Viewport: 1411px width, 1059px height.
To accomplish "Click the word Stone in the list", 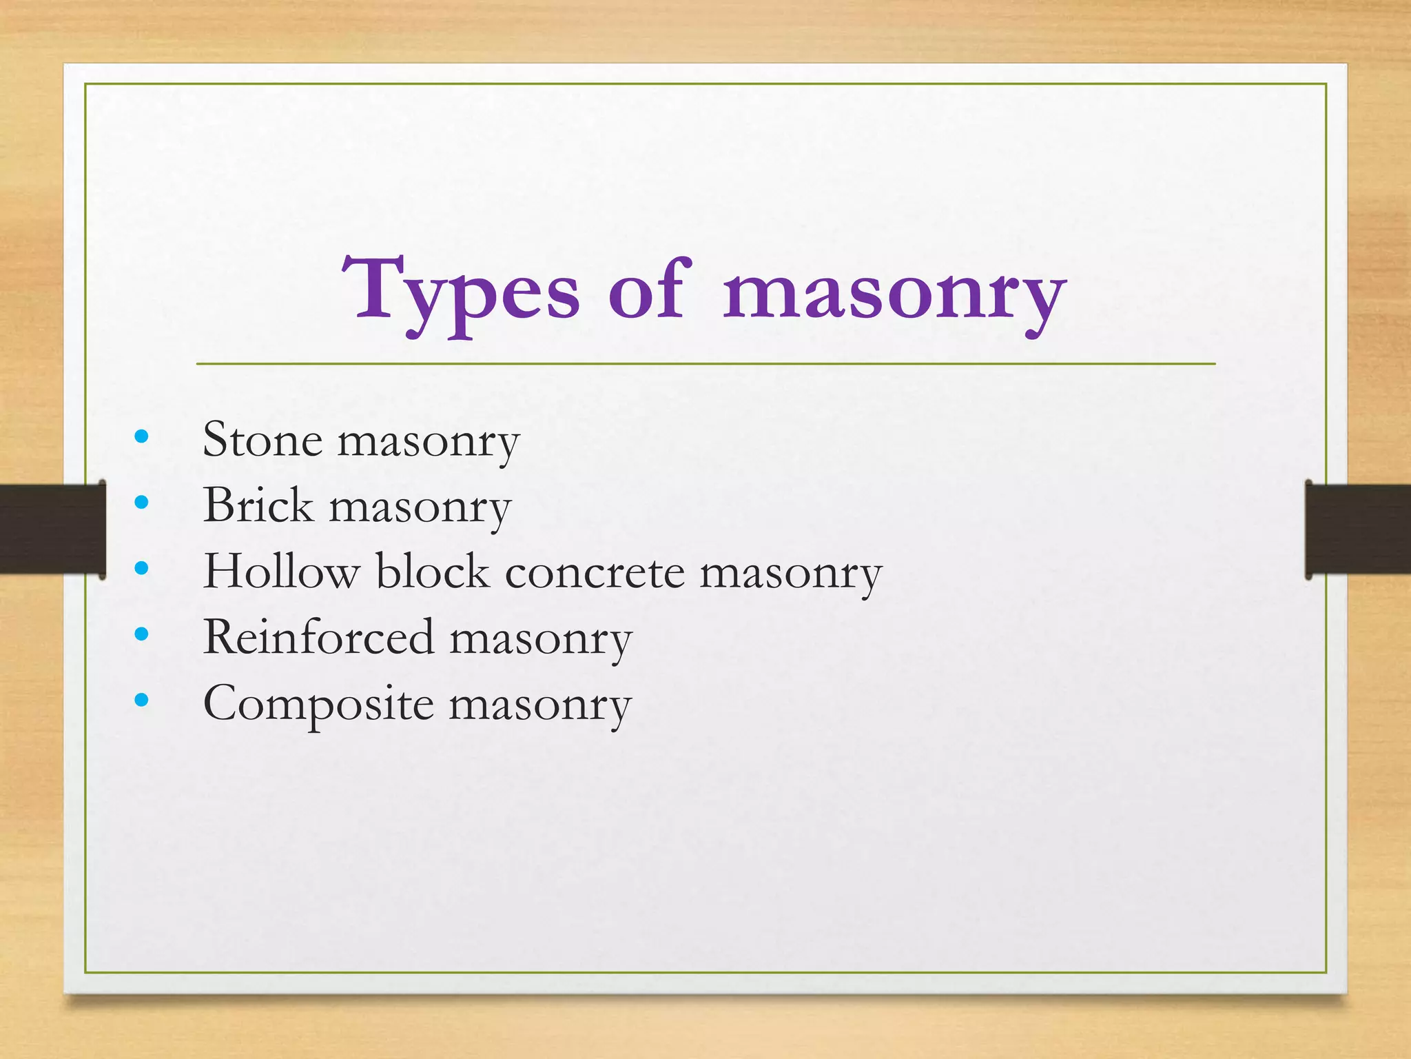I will pos(262,439).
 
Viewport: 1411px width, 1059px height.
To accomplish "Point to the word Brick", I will pos(258,505).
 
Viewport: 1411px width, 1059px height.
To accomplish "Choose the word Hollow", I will pos(281,571).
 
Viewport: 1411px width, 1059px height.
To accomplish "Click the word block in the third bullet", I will pos(432,571).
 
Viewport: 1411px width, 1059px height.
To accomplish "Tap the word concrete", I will pos(595,572).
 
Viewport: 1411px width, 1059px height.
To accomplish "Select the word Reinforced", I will pos(318,637).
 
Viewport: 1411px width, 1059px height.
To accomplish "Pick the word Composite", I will pos(318,705).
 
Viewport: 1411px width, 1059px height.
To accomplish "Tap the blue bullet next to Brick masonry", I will pos(142,502).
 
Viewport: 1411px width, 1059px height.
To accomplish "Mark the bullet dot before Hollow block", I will pos(142,568).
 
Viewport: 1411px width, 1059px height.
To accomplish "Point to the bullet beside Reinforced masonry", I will pos(142,634).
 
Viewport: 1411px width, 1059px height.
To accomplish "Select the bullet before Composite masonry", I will pos(142,700).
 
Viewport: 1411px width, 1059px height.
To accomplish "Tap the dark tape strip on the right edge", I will pos(1358,529).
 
